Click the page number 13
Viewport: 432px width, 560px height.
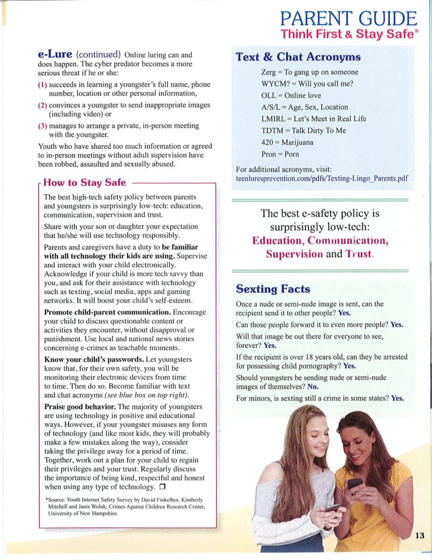pyautogui.click(x=419, y=535)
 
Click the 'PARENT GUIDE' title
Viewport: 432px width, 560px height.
pyautogui.click(x=349, y=19)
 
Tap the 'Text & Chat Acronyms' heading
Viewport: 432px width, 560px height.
pyautogui.click(x=298, y=57)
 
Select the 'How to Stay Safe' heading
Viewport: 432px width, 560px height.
pyautogui.click(x=85, y=183)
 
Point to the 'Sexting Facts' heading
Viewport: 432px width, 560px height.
pyautogui.click(x=273, y=289)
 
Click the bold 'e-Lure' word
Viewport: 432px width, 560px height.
pyautogui.click(x=55, y=54)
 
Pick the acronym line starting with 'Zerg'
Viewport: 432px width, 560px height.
pyautogui.click(x=310, y=72)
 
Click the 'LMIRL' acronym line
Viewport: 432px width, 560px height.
pyautogui.click(x=313, y=119)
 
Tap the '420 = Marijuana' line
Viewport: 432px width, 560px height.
pyautogui.click(x=287, y=142)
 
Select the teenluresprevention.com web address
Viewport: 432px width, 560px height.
pyautogui.click(x=322, y=178)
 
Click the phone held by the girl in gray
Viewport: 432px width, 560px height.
pyautogui.click(x=332, y=508)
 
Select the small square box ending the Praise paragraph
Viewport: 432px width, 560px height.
pyautogui.click(x=162, y=486)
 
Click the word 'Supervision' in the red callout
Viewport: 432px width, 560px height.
pyautogui.click(x=294, y=254)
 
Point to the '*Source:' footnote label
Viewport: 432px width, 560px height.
pyautogui.click(x=56, y=500)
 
